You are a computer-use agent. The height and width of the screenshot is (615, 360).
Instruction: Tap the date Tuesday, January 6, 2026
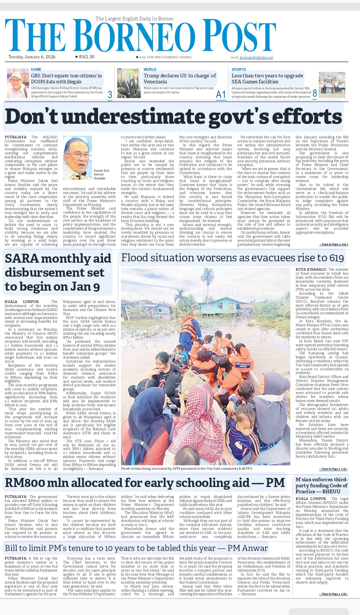32,57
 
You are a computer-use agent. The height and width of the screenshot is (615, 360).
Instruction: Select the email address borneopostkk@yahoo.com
256,58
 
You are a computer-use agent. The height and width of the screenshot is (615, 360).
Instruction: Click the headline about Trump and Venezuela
180,79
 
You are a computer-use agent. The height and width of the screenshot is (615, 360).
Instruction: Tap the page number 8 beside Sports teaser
314,93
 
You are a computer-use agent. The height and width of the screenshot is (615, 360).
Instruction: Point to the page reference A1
221,95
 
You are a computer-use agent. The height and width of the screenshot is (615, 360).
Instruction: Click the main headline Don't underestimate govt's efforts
173,117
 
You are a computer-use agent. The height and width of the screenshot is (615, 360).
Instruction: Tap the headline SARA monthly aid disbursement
57,272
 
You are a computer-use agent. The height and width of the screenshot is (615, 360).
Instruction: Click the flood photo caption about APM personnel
187,468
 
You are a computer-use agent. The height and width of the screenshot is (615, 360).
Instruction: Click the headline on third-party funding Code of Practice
321,486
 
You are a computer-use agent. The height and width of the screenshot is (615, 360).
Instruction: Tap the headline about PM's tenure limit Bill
136,548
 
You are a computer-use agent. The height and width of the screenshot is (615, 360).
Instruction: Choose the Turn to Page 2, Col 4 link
334,245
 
